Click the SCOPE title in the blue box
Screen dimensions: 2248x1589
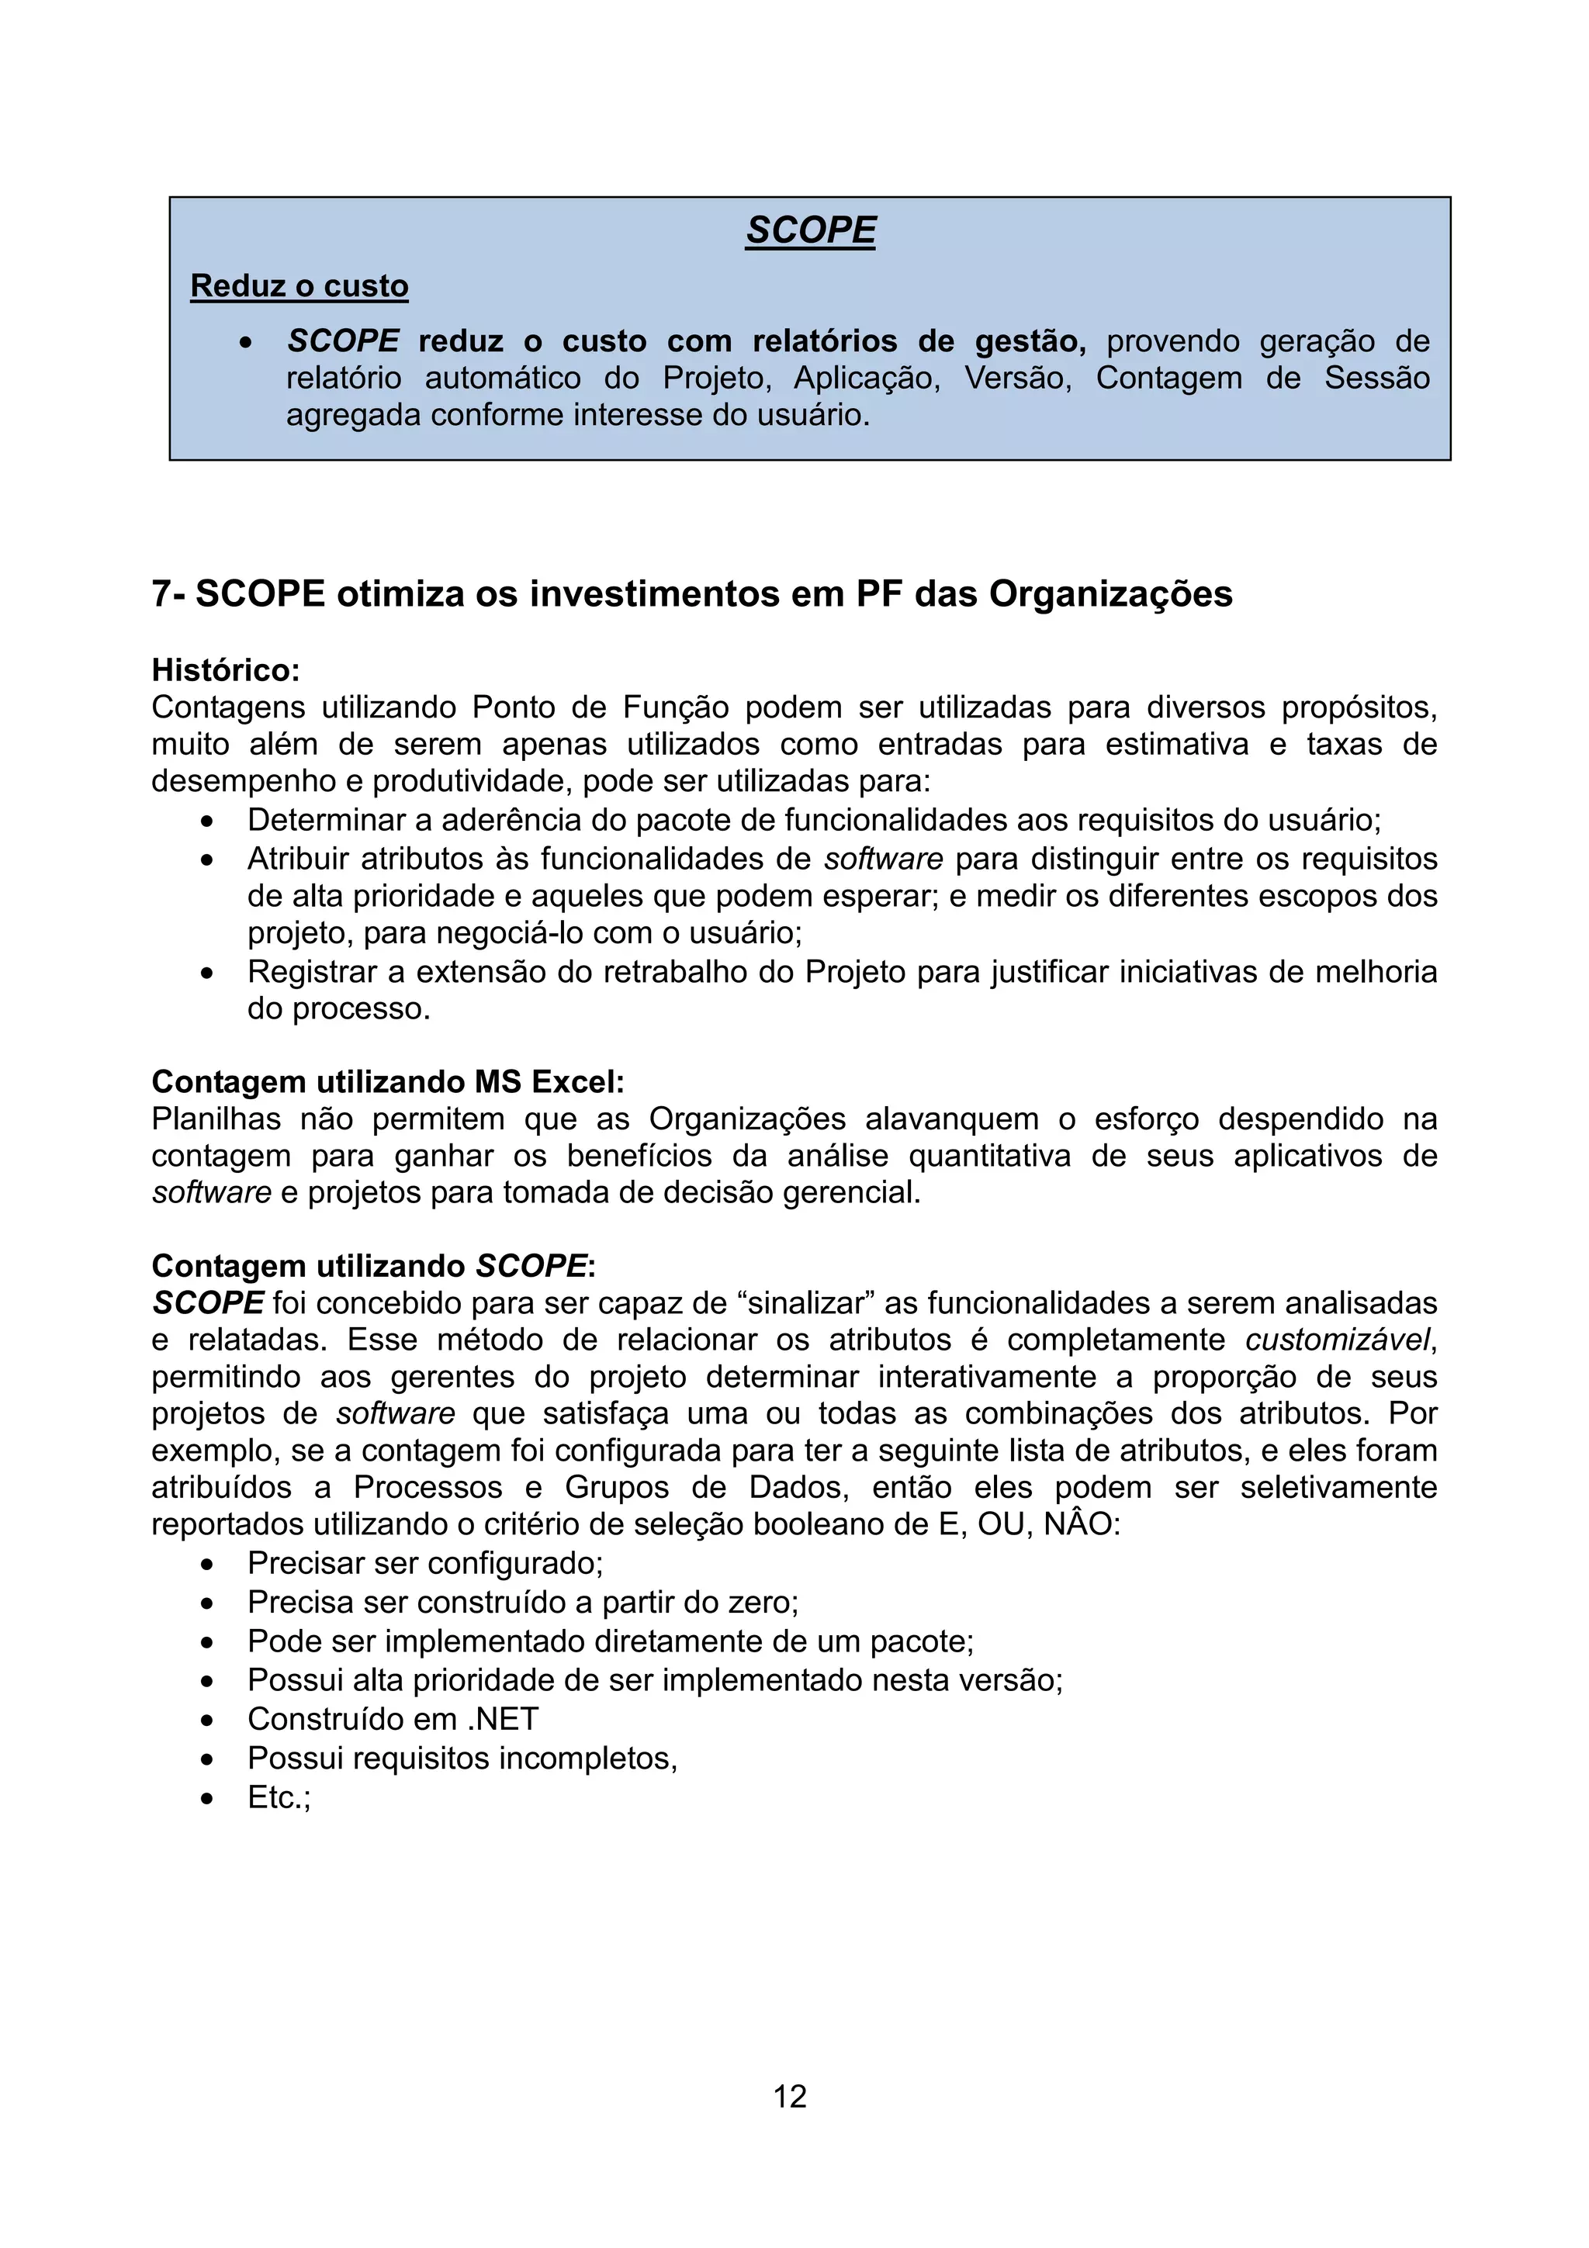810,231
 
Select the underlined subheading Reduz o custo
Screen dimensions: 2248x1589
299,286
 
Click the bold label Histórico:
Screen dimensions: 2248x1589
225,671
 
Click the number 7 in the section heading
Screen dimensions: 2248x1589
161,594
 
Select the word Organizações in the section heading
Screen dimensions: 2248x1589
1110,594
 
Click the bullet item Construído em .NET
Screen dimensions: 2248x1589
393,1718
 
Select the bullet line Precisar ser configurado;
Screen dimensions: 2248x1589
425,1562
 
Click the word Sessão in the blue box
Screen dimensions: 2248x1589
1376,378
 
